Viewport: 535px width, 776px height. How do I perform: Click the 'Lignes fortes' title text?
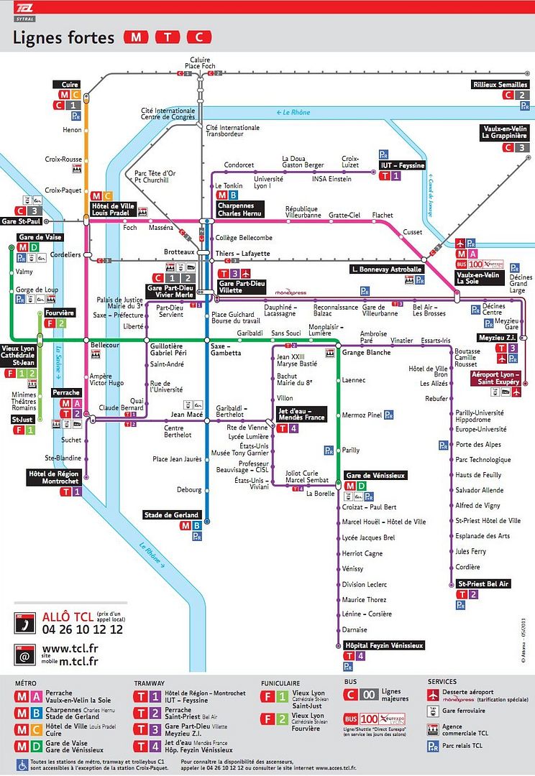tap(63, 38)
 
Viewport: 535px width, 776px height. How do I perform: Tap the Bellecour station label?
tap(104, 345)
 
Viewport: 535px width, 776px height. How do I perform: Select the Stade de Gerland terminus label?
tap(173, 514)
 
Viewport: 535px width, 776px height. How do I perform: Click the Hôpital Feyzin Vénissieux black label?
tap(383, 645)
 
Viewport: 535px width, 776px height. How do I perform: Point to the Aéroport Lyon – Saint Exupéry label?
tap(495, 379)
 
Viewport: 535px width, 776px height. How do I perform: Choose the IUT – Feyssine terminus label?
tap(402, 165)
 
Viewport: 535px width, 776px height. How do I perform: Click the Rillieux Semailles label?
tap(500, 84)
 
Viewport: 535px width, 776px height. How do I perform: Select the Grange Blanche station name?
tap(366, 353)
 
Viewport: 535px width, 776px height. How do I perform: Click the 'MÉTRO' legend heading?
tap(28, 683)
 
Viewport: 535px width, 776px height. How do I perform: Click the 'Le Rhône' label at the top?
tap(295, 112)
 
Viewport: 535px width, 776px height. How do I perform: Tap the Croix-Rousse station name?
tap(63, 160)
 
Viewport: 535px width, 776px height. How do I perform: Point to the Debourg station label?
tap(189, 490)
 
